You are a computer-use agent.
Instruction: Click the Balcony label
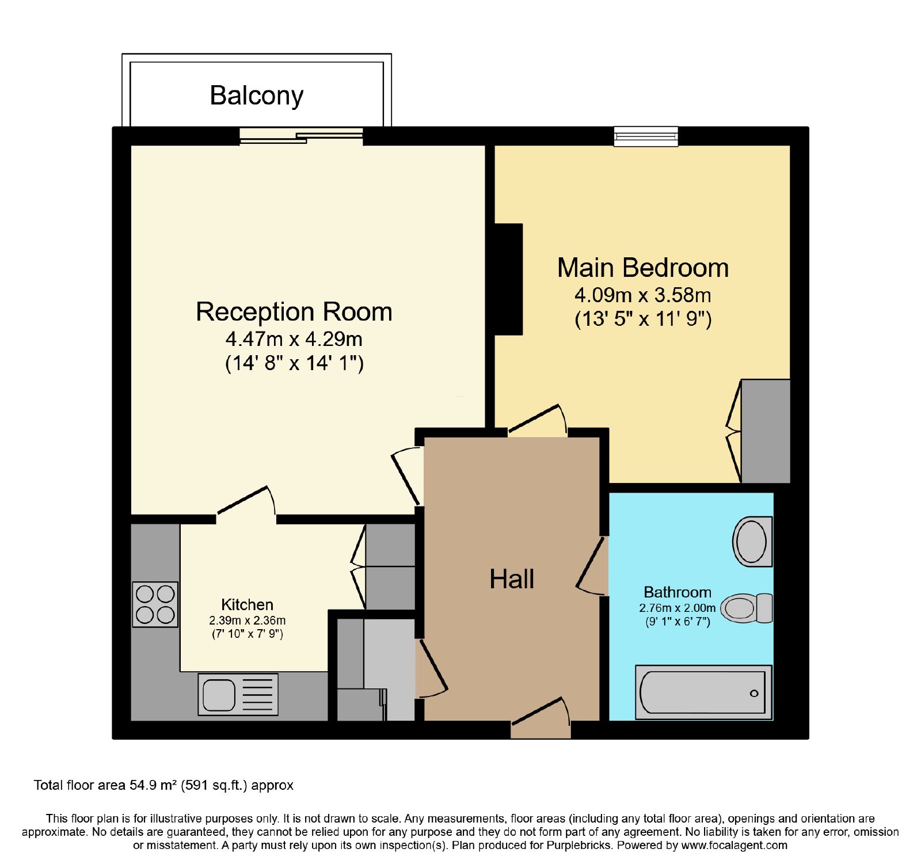(256, 96)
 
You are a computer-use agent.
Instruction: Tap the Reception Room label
(294, 312)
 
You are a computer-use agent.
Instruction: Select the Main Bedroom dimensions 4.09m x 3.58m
(643, 295)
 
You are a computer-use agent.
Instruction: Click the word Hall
(512, 579)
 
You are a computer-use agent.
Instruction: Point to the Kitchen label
(248, 605)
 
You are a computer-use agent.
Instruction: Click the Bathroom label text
(678, 592)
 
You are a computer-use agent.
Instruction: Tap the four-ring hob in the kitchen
(155, 604)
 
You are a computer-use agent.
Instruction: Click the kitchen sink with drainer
(238, 694)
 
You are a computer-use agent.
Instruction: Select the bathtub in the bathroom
(703, 692)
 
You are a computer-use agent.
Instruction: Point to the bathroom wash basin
(752, 542)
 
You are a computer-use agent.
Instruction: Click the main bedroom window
(646, 136)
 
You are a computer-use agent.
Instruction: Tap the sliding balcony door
(301, 136)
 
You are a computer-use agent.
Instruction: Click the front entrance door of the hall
(541, 718)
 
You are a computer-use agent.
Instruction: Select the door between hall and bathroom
(592, 566)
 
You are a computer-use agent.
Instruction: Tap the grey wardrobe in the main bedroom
(766, 431)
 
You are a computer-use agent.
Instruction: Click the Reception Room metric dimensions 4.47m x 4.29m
(294, 339)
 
